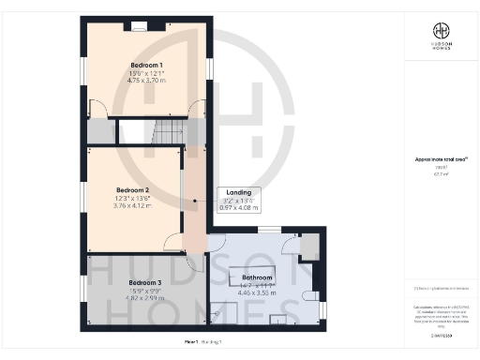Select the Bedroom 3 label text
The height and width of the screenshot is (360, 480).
click(x=145, y=282)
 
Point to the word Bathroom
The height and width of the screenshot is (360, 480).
click(x=257, y=277)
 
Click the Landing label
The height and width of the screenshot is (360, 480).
click(x=238, y=192)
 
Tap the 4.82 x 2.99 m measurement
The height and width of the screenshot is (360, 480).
click(x=145, y=298)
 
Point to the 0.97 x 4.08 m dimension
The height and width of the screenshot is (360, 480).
click(x=238, y=208)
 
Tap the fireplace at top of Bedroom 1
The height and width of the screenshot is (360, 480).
click(x=139, y=25)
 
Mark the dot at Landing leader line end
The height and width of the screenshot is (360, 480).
click(x=195, y=201)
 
